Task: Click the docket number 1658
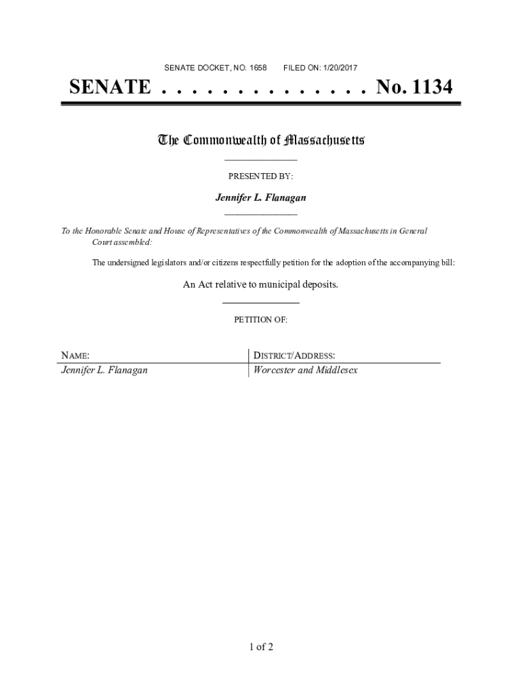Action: click(x=258, y=68)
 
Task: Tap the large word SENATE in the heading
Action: click(x=109, y=88)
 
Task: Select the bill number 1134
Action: click(x=427, y=88)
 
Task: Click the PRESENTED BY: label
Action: click(x=260, y=176)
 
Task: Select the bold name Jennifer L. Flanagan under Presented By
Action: click(x=260, y=198)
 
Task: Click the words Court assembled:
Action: click(x=122, y=242)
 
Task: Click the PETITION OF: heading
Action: click(x=260, y=320)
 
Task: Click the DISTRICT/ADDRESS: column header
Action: click(x=294, y=356)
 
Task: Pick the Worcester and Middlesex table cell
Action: click(x=305, y=371)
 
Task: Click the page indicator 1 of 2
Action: click(x=260, y=647)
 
